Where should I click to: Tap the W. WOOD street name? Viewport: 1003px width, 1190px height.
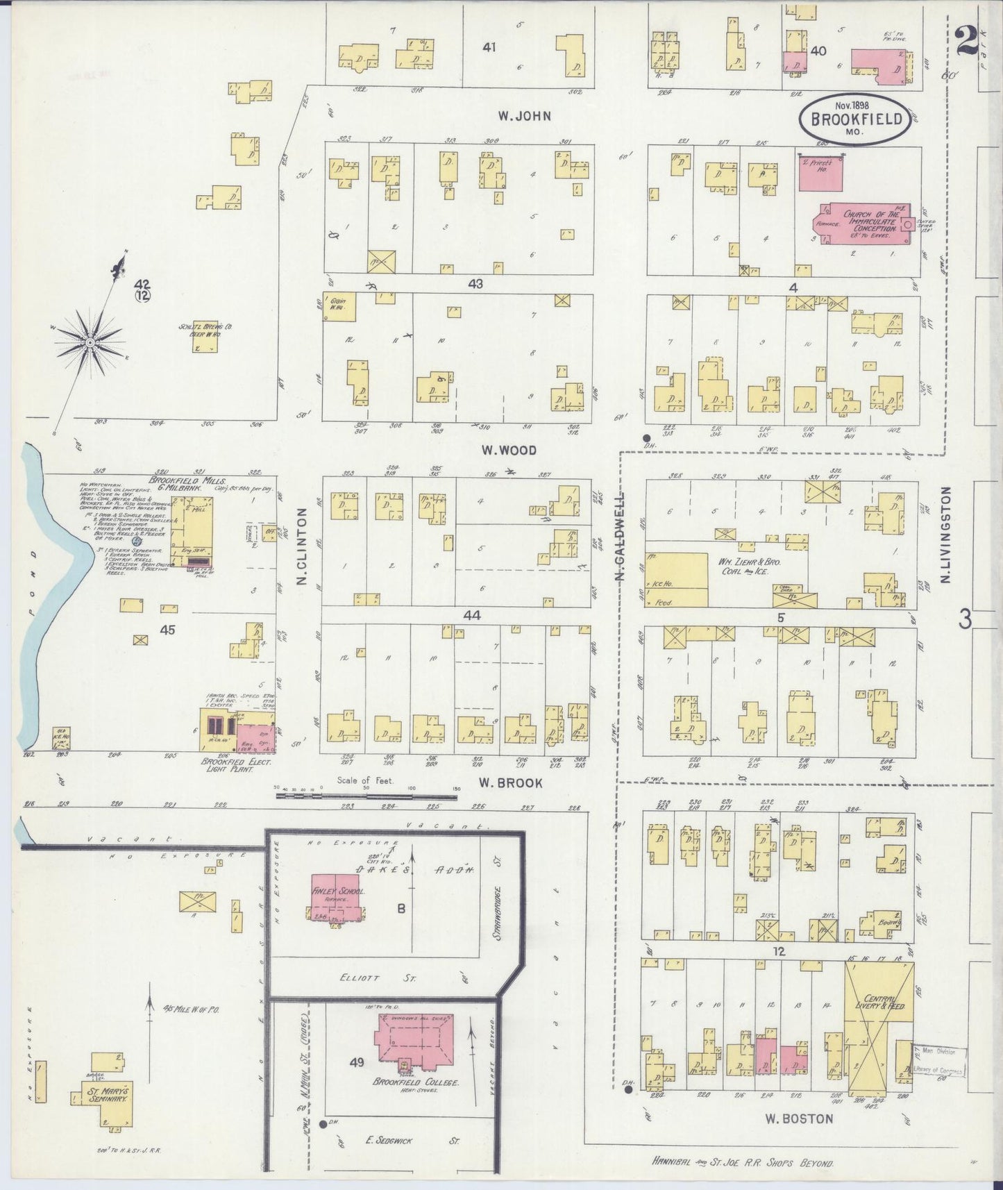pos(509,451)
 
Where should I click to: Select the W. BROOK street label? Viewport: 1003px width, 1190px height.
pos(510,782)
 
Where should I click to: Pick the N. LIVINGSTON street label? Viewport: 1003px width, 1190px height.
pos(945,535)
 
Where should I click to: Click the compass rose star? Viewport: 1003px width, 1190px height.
pos(90,342)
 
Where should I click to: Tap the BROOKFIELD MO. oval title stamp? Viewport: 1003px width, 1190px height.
pos(853,120)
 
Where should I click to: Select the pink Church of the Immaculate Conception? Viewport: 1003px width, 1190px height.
pos(868,224)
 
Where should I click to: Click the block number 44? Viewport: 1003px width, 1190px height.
pos(472,615)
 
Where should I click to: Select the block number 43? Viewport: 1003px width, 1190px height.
pos(475,284)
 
